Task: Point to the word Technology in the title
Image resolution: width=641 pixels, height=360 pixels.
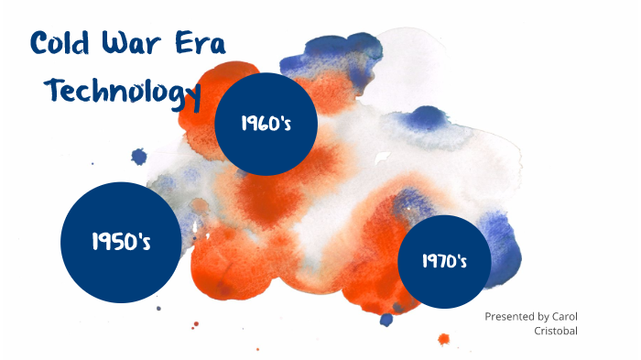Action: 124,92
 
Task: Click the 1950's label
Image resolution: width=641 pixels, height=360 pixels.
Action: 121,242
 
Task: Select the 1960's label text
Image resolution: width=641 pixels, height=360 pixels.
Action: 266,124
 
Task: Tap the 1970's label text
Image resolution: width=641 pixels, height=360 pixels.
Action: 445,261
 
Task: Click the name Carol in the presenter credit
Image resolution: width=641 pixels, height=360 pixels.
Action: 564,316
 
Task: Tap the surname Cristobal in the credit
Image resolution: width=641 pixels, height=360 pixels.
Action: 555,331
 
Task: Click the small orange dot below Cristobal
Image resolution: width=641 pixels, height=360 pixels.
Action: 444,340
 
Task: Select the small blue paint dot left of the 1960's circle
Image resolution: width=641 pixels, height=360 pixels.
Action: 139,157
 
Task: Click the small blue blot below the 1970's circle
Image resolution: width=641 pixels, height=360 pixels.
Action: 386,320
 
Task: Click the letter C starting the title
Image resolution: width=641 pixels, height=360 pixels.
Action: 40,44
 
